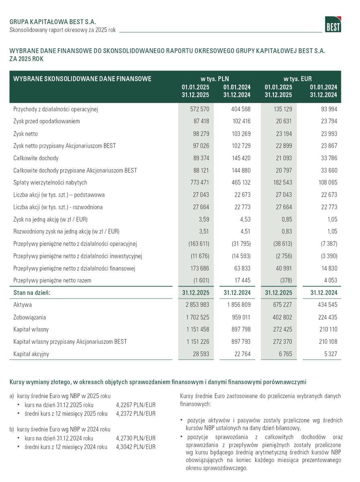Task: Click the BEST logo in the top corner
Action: click(333, 25)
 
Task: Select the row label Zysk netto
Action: click(25, 134)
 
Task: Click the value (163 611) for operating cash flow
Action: click(197, 244)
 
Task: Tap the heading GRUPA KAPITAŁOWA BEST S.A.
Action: click(53, 22)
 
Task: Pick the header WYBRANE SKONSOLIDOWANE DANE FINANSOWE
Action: click(82, 79)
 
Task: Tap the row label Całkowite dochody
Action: click(36, 158)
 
